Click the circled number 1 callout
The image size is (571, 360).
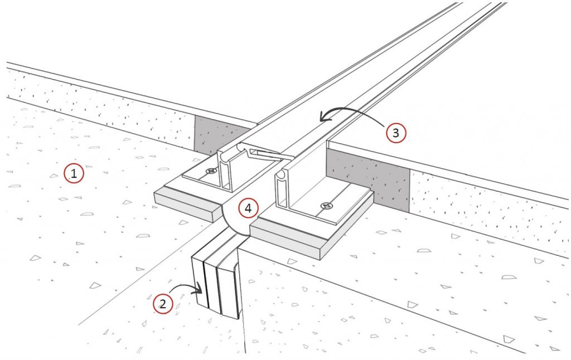[74, 173]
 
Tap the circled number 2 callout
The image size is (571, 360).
[163, 304]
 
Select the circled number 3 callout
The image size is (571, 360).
[396, 133]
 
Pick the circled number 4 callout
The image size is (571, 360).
[248, 208]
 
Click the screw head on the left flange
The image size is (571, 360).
[211, 171]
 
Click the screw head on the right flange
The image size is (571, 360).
[327, 206]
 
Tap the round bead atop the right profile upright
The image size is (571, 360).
[281, 175]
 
